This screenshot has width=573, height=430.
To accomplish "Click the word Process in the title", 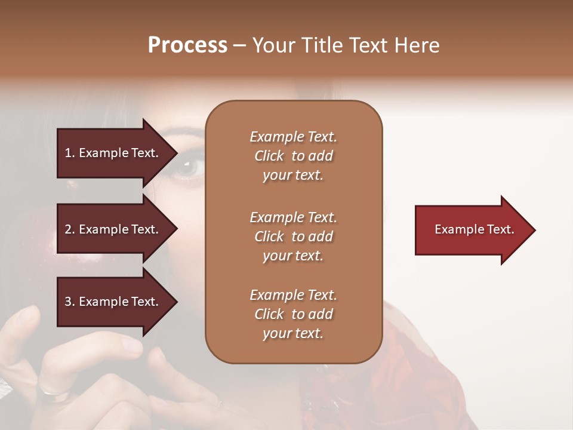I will tap(187, 45).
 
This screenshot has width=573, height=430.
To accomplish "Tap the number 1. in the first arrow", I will tap(70, 153).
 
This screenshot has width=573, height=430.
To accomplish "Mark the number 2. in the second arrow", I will tap(70, 229).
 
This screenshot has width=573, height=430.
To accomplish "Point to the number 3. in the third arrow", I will tap(70, 302).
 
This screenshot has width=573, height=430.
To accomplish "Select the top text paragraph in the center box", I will tap(293, 156).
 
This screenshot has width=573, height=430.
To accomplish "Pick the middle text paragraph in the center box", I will tap(293, 236).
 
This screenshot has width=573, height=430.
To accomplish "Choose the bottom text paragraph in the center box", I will tap(293, 314).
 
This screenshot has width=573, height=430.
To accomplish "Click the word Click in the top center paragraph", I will tap(269, 156).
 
